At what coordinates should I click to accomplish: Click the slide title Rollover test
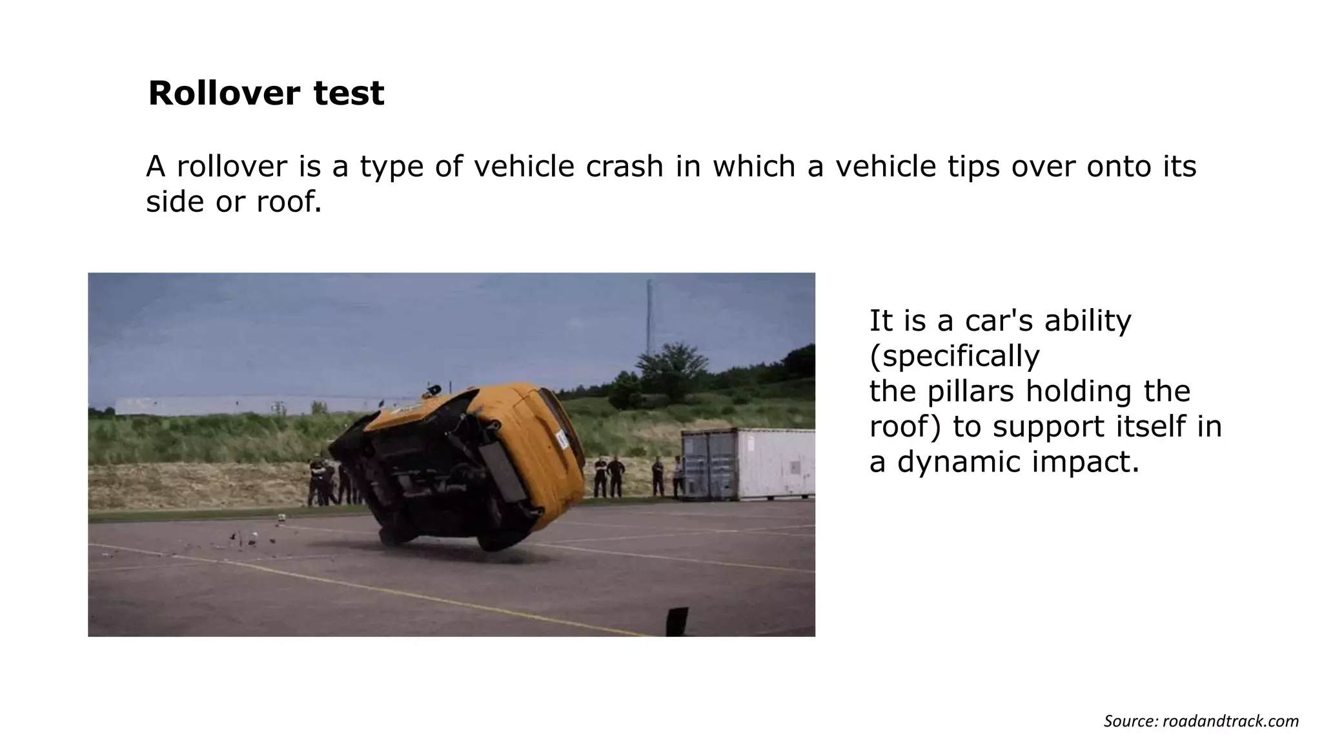[x=266, y=93]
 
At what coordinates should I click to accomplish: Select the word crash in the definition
[x=624, y=167]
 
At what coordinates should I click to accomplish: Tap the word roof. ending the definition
[x=289, y=202]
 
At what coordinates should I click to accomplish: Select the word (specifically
[x=954, y=356]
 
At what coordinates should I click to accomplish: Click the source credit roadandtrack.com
[x=1230, y=721]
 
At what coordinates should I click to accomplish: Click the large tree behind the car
[x=671, y=368]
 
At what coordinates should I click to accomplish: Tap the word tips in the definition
[x=972, y=167]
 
